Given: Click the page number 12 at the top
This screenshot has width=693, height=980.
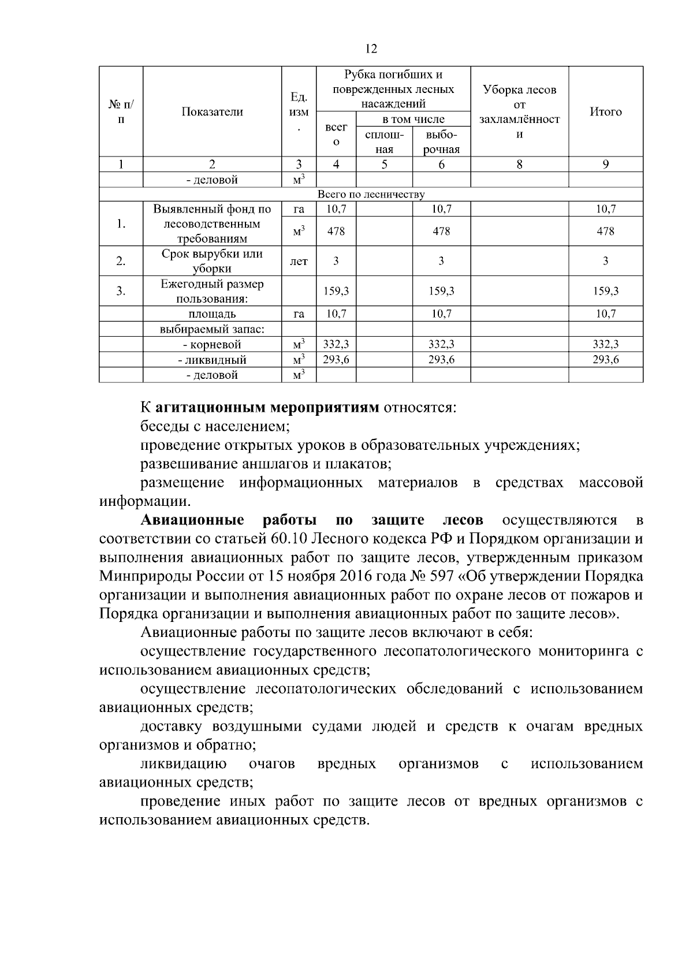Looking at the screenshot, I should coord(371,49).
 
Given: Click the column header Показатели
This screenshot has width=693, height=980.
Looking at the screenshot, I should coord(212,112).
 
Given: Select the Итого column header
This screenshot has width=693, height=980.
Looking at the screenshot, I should coord(605,112).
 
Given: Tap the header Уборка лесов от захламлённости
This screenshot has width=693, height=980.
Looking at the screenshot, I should coord(519,112).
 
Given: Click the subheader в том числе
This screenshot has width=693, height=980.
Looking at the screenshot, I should coord(413,120).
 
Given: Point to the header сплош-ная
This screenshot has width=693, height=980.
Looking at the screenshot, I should coord(384,142).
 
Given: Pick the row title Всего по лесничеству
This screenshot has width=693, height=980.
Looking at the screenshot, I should coord(371,195).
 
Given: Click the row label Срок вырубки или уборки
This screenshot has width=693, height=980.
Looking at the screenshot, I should coord(212,261).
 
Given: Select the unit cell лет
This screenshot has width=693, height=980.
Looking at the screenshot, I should coord(299,262).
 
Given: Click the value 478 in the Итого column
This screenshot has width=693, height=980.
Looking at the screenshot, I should coord(605,231).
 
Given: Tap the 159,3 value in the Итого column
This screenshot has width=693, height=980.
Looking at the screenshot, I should coord(605,291).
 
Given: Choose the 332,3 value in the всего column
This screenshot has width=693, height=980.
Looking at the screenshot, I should coord(336,344).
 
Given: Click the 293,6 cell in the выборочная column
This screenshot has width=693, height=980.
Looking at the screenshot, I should coord(441,359).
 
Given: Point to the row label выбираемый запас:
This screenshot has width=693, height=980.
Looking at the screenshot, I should coord(212,329).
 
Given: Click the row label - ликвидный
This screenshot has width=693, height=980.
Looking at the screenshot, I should coord(212,360).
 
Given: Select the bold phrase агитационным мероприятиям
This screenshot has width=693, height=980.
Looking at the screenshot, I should coord(267,408).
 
